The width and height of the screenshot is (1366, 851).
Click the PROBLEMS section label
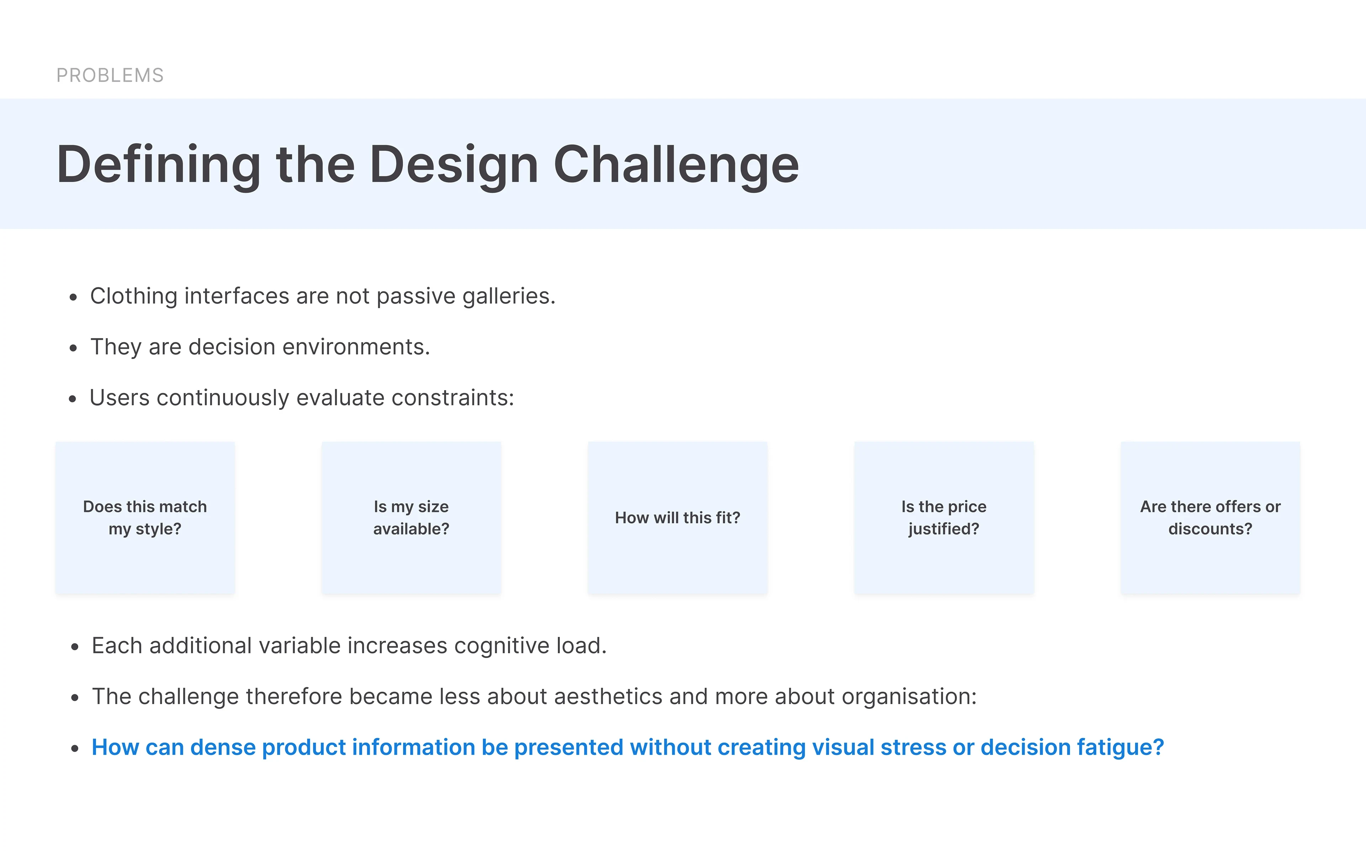[x=110, y=75]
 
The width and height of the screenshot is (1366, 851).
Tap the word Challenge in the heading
[x=676, y=165]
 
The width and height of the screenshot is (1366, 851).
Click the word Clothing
[x=134, y=296]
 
